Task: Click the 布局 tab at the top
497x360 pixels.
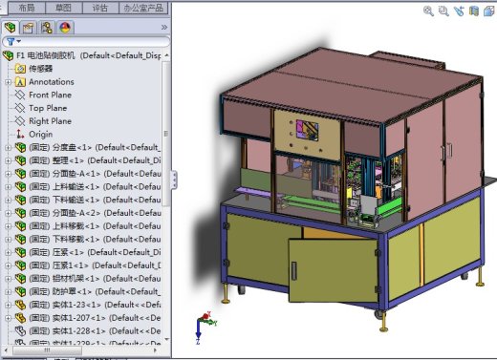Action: pos(26,7)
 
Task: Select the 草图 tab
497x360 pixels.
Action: pos(63,7)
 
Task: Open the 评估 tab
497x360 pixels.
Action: pos(100,7)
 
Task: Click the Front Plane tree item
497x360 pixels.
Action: pos(50,95)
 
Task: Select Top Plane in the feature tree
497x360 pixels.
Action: pos(47,108)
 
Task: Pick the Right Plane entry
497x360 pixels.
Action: pos(50,121)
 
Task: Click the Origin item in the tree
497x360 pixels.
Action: pos(41,135)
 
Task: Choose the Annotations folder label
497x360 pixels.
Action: pos(51,82)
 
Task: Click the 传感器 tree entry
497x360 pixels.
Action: pos(41,69)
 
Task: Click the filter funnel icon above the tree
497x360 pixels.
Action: pos(10,42)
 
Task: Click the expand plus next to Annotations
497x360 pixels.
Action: pos(8,82)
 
